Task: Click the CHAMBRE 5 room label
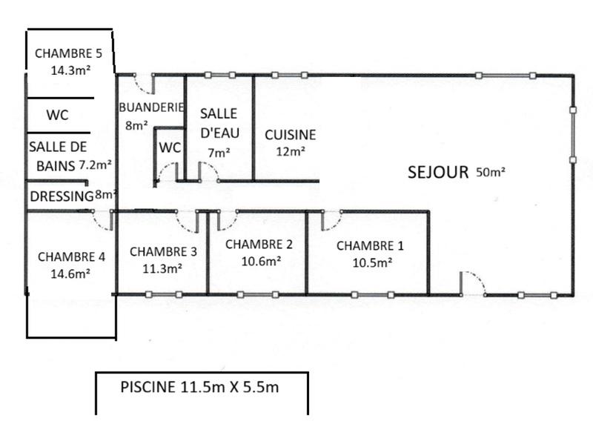pyautogui.click(x=73, y=53)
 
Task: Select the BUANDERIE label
pyautogui.click(x=151, y=107)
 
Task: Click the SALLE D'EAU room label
pyautogui.click(x=219, y=123)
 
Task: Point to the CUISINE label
pyautogui.click(x=291, y=135)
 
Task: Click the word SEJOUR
pyautogui.click(x=438, y=173)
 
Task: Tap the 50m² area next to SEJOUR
pyautogui.click(x=491, y=172)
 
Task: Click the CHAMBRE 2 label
pyautogui.click(x=259, y=244)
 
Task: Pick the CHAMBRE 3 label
pyautogui.click(x=163, y=251)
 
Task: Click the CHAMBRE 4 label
pyautogui.click(x=71, y=257)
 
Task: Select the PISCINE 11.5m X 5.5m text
pyautogui.click(x=199, y=386)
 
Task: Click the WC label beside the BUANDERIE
pyautogui.click(x=170, y=147)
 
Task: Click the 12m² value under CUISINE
pyautogui.click(x=291, y=152)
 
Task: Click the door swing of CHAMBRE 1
pyautogui.click(x=332, y=220)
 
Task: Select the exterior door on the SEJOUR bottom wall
pyautogui.click(x=471, y=283)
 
